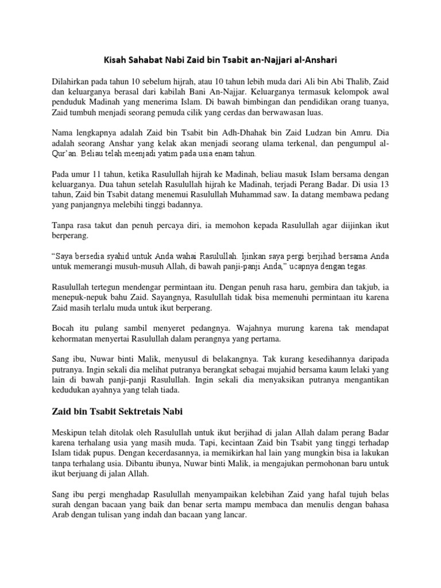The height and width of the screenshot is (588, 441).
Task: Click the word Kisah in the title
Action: click(x=114, y=59)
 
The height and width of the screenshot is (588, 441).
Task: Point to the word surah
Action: click(x=63, y=505)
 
